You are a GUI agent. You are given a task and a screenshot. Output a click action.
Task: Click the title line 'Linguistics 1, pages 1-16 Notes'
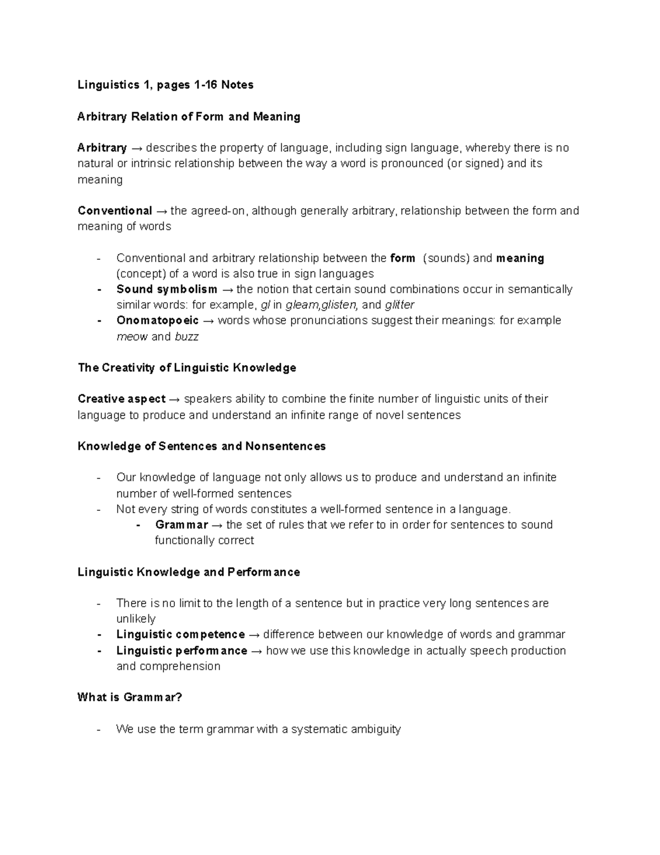165,85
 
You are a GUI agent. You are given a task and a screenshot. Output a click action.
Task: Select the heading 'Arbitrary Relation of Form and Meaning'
189,117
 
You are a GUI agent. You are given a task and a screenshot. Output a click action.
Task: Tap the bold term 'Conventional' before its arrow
115,211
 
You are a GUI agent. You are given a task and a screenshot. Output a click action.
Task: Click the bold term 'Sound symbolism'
167,290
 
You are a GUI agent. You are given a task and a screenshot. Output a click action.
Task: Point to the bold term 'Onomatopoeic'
157,321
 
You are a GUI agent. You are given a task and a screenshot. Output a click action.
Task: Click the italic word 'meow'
132,337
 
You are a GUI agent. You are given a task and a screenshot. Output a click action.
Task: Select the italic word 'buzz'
186,337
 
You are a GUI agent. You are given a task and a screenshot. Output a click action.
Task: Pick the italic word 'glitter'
399,305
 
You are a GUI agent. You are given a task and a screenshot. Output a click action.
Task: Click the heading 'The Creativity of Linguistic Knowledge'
187,368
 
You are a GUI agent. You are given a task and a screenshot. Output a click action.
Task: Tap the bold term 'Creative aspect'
122,399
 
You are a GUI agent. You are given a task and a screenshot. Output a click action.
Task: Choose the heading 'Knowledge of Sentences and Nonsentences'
201,446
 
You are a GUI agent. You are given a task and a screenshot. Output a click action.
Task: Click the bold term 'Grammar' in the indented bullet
182,525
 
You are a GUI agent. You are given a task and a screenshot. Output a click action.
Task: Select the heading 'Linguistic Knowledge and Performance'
189,573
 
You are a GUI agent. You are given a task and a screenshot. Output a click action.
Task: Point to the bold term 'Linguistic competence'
180,635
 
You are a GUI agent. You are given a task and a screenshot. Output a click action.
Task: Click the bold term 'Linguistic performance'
182,651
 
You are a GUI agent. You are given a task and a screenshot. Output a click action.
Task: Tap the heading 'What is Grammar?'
129,698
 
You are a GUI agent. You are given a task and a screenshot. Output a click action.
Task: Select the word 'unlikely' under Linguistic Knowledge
136,619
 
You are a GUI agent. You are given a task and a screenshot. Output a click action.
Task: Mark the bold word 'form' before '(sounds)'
402,258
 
